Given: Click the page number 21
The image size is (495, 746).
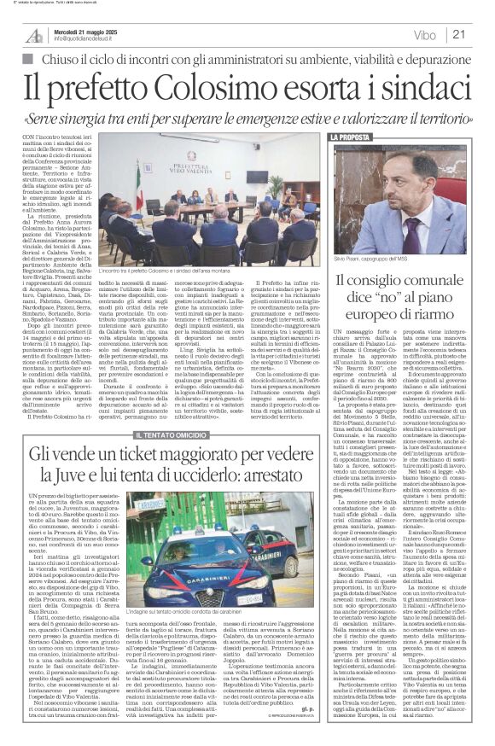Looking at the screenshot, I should [x=480, y=34].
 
